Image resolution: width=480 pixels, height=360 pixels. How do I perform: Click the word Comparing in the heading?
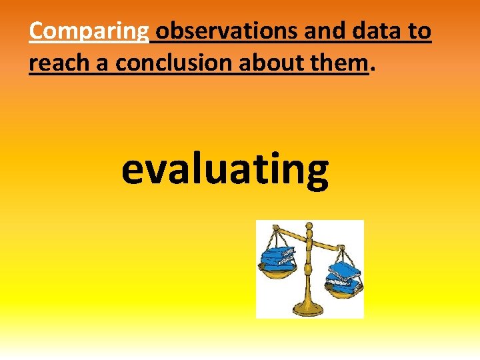point(89,31)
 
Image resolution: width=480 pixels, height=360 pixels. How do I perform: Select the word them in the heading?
point(344,63)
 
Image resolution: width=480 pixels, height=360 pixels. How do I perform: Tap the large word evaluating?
point(225,169)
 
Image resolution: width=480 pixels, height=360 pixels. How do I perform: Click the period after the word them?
point(372,69)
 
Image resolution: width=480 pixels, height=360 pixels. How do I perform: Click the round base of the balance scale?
point(307,309)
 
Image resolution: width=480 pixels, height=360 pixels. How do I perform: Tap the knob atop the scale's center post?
point(308,228)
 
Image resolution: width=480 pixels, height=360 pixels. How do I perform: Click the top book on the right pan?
point(344,268)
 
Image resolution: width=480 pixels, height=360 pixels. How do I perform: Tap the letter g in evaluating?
point(313,175)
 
